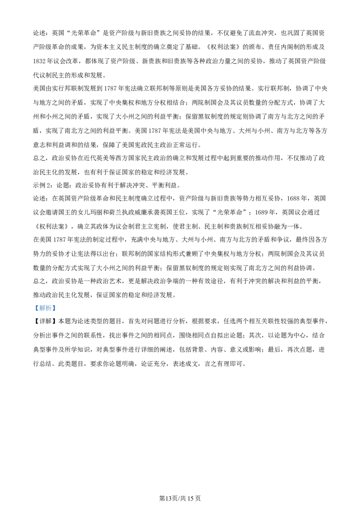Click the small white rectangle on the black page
pyautogui.click(x=130, y=275)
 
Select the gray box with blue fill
pyautogui.click(x=45, y=308)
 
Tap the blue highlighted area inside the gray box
pyautogui.click(x=45, y=308)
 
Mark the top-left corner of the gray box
pyautogui.click(x=33, y=303)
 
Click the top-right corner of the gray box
pyautogui.click(x=57, y=303)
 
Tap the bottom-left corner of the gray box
pyautogui.click(x=33, y=313)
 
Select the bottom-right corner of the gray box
pyautogui.click(x=57, y=313)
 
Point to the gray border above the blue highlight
pyautogui.click(x=45, y=304)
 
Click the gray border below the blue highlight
pyautogui.click(x=45, y=312)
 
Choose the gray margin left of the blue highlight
pyautogui.click(x=34, y=308)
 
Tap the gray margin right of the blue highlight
pyautogui.click(x=56, y=308)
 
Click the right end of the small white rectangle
pyautogui.click(x=133, y=275)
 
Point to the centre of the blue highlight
pyautogui.click(x=45, y=308)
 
